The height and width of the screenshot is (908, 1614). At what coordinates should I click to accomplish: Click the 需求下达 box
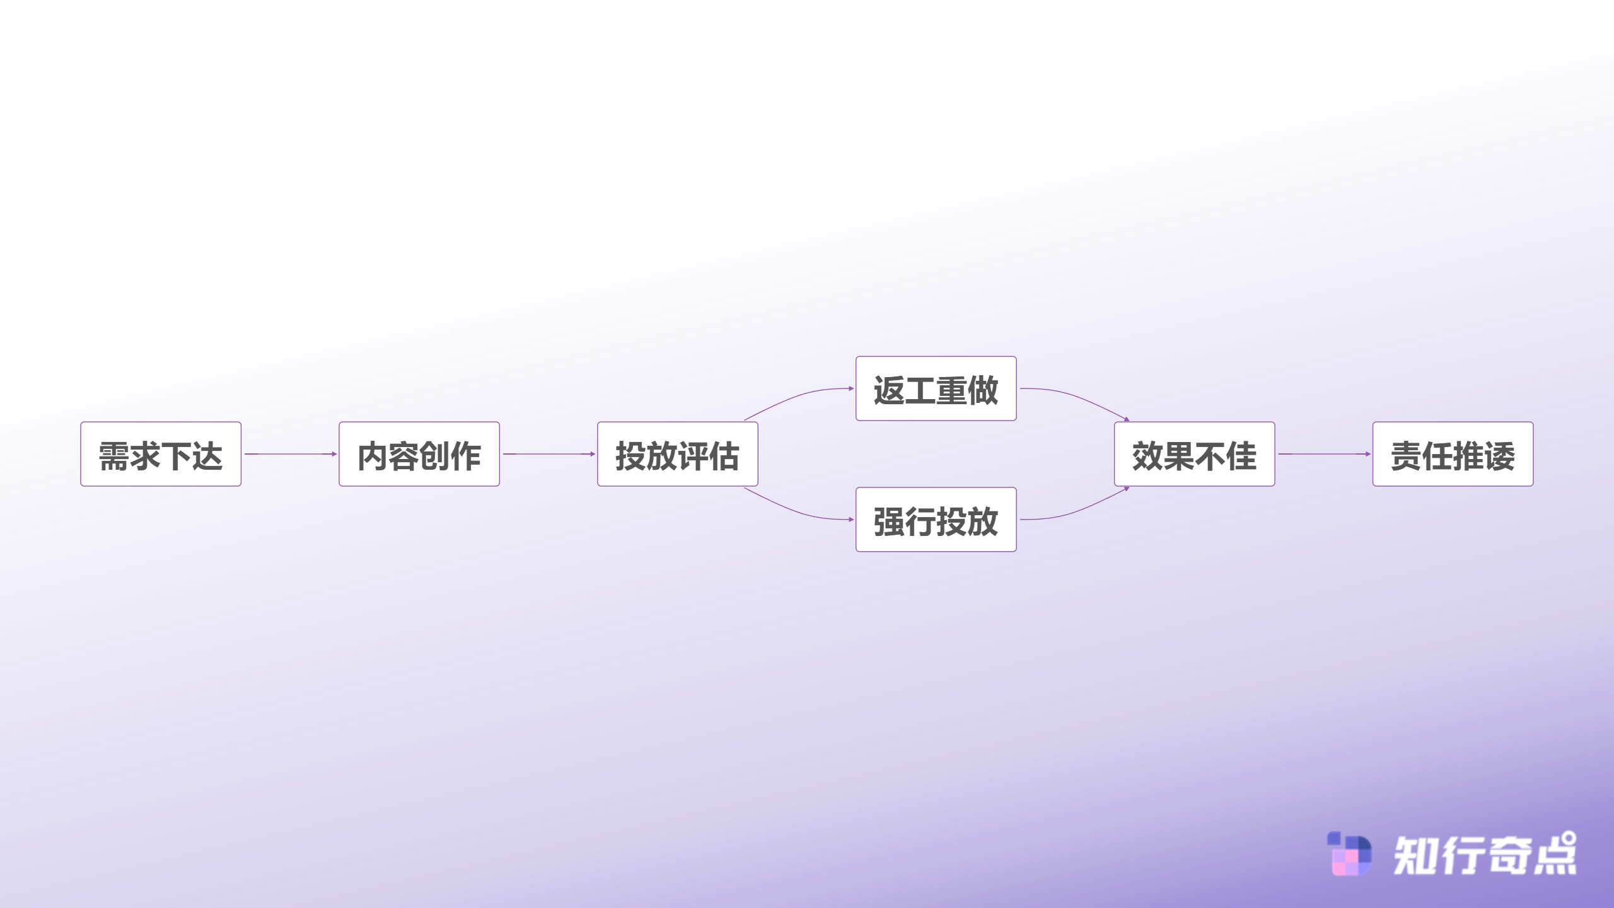point(161,454)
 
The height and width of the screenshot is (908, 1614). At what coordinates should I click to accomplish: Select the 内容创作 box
point(419,454)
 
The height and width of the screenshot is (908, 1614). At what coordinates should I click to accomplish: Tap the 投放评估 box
point(678,454)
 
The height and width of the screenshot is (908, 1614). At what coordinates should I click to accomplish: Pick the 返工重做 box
point(936,388)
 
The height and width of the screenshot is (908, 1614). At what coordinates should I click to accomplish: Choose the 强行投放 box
point(936,520)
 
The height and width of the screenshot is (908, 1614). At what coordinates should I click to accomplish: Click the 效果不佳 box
point(1195,454)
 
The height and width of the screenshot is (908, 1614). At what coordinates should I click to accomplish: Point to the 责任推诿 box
point(1453,454)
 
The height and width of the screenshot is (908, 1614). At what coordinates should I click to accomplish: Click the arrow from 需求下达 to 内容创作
point(291,454)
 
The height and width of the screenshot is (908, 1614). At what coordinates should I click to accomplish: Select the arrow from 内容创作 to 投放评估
point(549,454)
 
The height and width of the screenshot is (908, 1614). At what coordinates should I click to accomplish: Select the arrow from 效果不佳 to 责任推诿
point(1325,454)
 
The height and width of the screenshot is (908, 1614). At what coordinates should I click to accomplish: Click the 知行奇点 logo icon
point(1349,854)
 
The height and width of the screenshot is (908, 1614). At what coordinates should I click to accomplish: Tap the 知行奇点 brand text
point(1485,854)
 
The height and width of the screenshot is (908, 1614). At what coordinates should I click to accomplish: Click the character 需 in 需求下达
point(114,456)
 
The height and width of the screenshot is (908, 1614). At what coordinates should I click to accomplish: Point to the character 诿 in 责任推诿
point(1500,456)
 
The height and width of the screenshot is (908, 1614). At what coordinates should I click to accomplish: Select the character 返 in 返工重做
point(890,390)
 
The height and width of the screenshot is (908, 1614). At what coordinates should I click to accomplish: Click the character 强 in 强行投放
point(890,521)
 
